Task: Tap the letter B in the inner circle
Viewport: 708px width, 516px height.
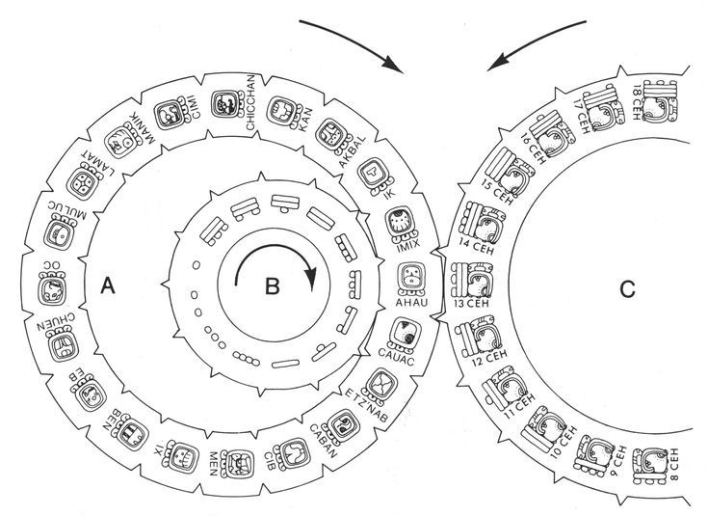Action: pyautogui.click(x=273, y=285)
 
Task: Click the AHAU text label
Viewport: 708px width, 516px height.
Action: pyautogui.click(x=412, y=302)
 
